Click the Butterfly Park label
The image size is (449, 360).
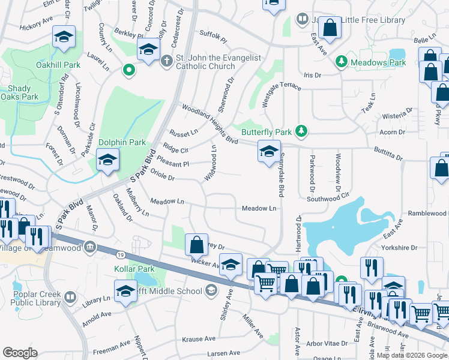tap(266, 131)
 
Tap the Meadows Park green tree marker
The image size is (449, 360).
tap(342, 61)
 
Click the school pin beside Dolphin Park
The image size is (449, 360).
tap(107, 160)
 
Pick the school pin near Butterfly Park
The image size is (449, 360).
tap(269, 152)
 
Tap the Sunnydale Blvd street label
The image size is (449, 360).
tap(280, 175)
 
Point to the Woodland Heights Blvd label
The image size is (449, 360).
tap(209, 124)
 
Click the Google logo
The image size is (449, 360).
tap(20, 352)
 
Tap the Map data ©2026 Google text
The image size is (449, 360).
tap(412, 355)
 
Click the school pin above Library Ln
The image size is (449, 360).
tap(125, 292)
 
